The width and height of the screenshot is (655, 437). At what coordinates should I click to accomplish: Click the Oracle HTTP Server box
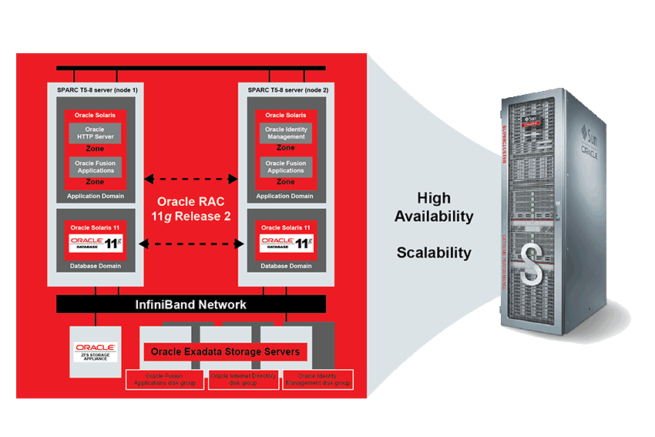pos(95,133)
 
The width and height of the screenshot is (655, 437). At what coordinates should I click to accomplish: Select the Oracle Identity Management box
pos(285,133)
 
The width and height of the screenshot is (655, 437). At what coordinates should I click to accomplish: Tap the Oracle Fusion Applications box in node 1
pos(95,167)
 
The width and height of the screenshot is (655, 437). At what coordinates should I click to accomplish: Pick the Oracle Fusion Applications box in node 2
pos(285,167)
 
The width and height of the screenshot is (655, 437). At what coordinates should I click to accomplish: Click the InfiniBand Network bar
pos(190,304)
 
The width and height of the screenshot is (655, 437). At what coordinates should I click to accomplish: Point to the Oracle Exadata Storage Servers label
pos(226,352)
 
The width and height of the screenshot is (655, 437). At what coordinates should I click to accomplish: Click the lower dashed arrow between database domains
pos(190,244)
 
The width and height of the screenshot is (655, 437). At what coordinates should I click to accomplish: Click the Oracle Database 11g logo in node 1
pos(96,244)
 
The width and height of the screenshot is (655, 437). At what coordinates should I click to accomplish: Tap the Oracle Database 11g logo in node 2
pos(285,244)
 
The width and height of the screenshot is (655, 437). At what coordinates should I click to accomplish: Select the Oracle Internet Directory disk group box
pos(242,379)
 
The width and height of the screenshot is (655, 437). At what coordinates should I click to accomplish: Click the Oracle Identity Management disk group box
pos(317,379)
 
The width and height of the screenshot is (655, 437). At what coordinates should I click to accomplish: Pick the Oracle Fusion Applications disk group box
pos(166,379)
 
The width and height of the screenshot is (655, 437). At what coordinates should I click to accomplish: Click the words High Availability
pos(434,207)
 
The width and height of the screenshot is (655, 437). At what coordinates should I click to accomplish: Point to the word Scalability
pos(434,253)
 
